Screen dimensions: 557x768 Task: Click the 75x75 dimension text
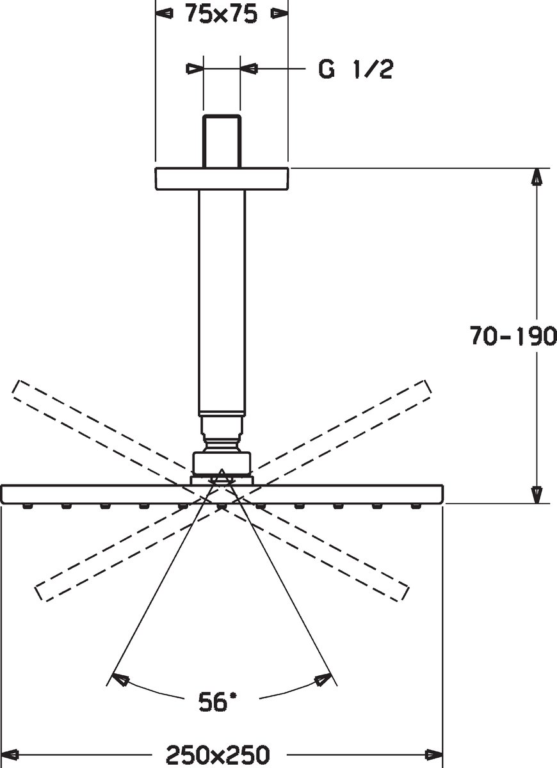[222, 14]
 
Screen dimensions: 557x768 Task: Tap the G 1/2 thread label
[355, 69]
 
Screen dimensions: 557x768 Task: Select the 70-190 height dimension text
[513, 335]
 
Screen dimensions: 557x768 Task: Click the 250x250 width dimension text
[218, 752]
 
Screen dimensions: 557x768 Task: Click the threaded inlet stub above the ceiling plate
[222, 141]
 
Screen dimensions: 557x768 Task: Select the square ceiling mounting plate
[222, 179]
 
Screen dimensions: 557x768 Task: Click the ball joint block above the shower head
[222, 463]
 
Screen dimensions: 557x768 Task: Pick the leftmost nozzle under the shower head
[26, 506]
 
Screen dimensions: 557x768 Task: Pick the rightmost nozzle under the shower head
[416, 506]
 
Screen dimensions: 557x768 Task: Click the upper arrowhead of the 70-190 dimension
[537, 177]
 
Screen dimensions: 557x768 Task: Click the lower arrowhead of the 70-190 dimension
[537, 495]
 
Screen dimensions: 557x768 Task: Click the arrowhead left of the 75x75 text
[165, 13]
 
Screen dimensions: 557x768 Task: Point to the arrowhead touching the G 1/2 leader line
[249, 68]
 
